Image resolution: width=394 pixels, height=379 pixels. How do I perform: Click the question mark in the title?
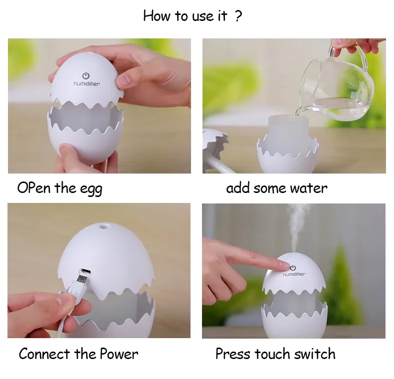(238, 16)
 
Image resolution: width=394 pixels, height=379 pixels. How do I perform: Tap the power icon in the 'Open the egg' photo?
(86, 75)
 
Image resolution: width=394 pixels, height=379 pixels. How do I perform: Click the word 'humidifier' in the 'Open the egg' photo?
(87, 83)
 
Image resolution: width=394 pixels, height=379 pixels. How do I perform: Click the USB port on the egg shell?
(85, 271)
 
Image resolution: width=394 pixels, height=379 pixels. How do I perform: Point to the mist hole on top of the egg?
(103, 226)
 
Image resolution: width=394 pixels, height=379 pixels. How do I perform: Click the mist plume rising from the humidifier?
(298, 227)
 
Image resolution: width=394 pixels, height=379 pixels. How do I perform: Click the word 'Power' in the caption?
(119, 354)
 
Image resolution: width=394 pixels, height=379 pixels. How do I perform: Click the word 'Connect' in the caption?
(44, 354)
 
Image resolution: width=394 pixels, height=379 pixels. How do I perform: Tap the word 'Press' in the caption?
(233, 354)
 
